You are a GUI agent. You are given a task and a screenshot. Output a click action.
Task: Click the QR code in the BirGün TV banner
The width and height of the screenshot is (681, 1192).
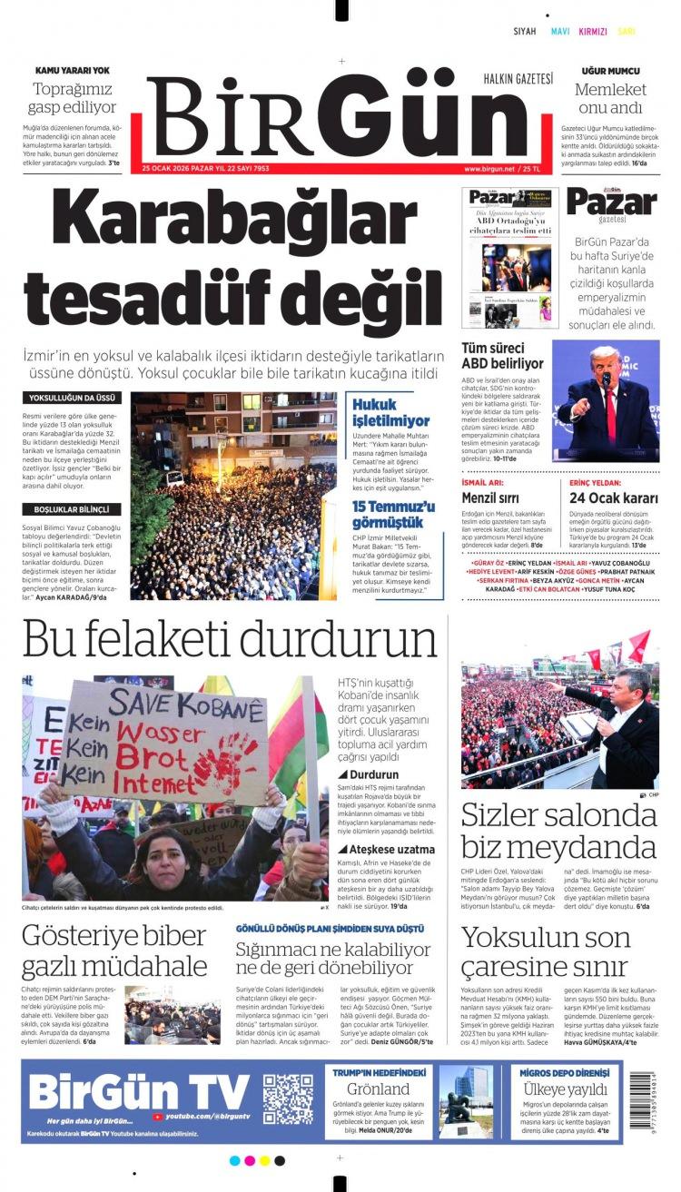coord(288,1098)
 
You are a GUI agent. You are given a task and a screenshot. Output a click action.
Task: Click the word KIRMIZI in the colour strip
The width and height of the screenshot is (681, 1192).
coord(592,32)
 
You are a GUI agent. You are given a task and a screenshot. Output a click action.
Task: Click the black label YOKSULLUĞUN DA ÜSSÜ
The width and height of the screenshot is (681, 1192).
coord(72,399)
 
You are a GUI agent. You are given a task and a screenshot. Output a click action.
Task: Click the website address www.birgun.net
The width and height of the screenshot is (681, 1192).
coord(496,169)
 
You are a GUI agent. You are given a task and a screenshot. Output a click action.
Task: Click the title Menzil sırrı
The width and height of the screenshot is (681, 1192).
coord(490,497)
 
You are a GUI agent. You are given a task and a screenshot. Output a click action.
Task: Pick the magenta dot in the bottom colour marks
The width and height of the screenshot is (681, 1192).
coord(264,1160)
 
